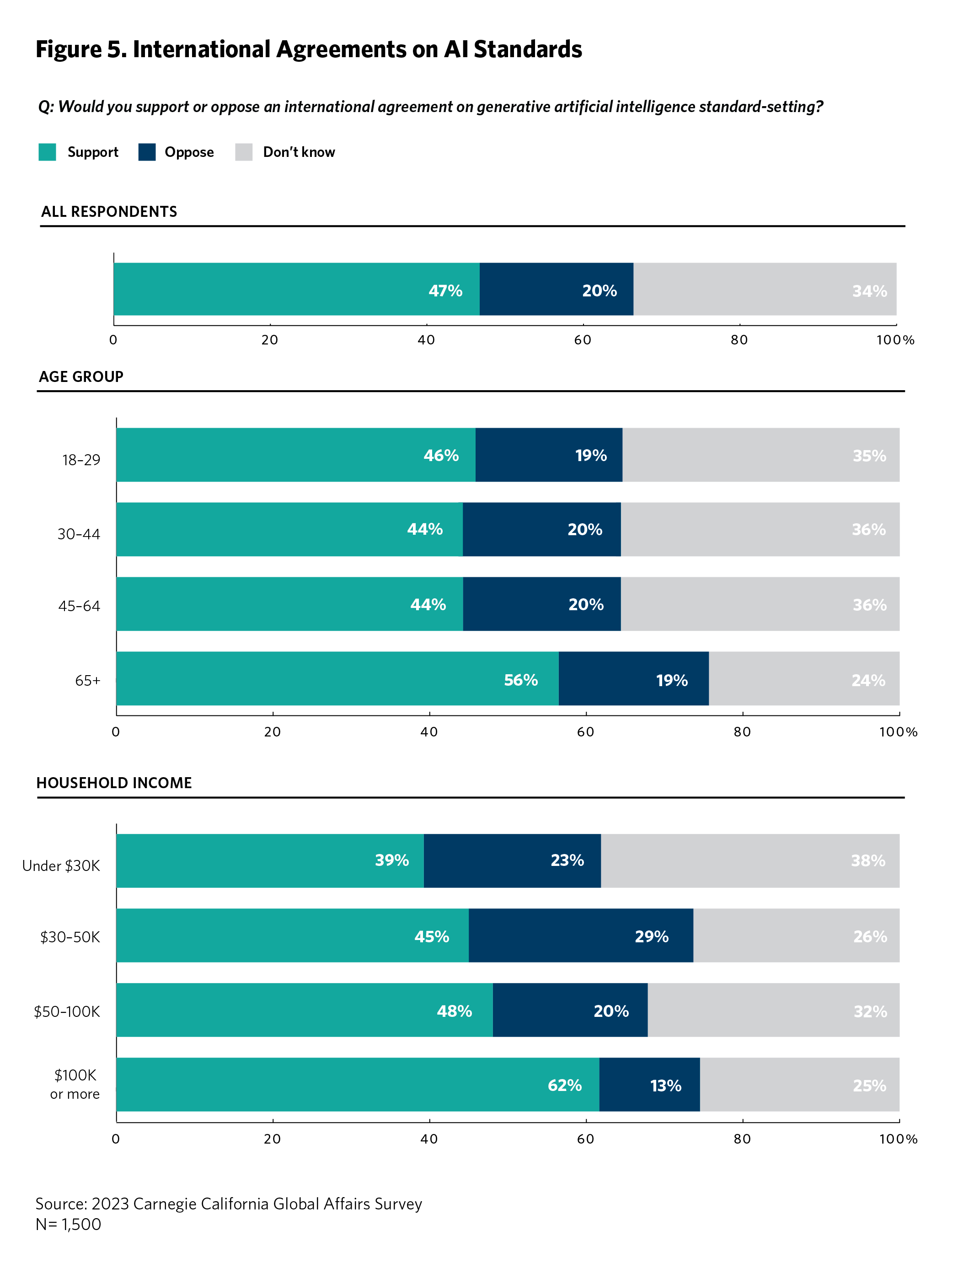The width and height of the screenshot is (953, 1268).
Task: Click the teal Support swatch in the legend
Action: coord(47,152)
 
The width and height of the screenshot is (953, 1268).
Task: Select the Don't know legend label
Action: coord(299,152)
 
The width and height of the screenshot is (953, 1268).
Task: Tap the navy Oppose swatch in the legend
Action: coord(147,152)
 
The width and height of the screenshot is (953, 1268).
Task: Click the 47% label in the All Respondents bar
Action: coord(445,290)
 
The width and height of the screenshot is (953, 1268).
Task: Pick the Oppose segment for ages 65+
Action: coord(633,679)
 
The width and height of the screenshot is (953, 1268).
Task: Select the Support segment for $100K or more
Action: coord(358,1085)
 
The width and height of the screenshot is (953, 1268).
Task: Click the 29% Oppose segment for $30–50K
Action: coord(580,935)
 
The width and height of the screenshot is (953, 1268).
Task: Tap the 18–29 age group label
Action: coord(81,460)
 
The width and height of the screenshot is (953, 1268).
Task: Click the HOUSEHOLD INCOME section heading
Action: coord(114,783)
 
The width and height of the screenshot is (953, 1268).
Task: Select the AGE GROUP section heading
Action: coord(81,376)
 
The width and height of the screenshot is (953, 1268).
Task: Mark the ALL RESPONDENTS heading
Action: coord(109,211)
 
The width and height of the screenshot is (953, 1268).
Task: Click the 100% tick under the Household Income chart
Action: coord(898,1139)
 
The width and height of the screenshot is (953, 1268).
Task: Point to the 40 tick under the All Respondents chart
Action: coord(426,340)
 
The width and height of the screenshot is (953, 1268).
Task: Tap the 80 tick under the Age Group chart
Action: coord(742,732)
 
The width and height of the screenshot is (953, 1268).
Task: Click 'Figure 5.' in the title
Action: coord(81,49)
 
